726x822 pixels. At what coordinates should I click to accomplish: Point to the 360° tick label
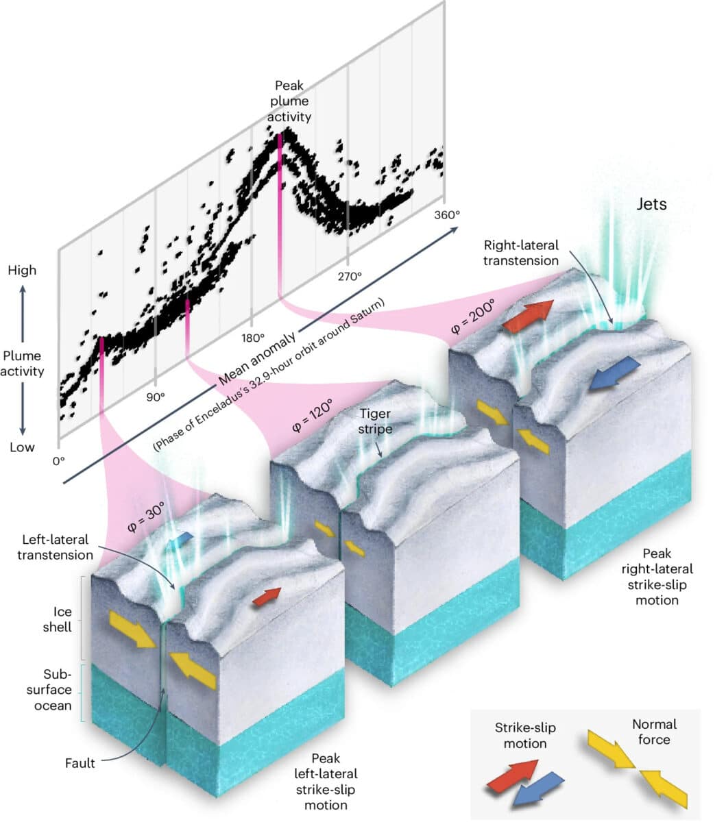[x=446, y=214]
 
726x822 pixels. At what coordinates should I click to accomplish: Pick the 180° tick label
[x=252, y=338]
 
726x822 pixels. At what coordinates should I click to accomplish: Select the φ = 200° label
[x=473, y=316]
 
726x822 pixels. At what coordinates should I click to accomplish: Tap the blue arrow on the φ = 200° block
[x=615, y=373]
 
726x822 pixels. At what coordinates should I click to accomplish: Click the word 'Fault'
[x=80, y=763]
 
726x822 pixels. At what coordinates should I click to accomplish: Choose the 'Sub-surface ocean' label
[x=53, y=690]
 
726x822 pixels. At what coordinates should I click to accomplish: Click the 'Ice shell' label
[x=62, y=619]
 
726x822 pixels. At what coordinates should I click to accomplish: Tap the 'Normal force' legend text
[x=653, y=732]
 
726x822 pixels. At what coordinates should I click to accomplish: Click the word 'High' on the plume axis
[x=22, y=271]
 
